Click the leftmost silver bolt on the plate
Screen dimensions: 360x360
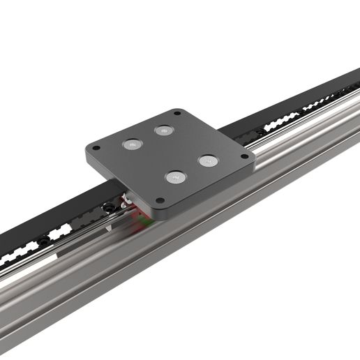(x=132, y=144)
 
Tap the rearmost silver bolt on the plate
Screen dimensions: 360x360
(x=164, y=130)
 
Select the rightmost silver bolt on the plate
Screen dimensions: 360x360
(x=208, y=161)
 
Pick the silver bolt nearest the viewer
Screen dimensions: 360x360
(x=175, y=177)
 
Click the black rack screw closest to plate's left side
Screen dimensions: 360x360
(x=110, y=207)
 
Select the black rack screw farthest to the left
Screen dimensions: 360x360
(x=43, y=241)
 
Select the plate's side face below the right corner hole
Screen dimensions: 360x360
(x=241, y=168)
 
